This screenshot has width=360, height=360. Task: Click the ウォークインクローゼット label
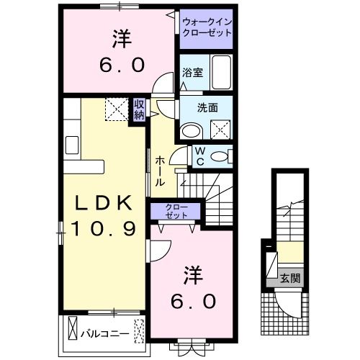207,27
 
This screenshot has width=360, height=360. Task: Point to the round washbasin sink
192,130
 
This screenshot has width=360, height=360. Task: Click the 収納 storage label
139,110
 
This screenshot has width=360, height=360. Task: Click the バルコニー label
104,333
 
